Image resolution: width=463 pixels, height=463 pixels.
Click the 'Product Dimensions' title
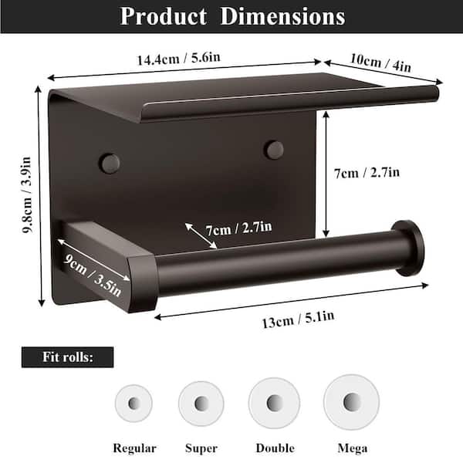coord(231,16)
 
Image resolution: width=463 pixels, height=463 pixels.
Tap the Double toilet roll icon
coord(274,403)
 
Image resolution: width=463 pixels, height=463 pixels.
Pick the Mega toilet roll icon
coord(351,401)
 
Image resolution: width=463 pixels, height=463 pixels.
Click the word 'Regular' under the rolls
coord(134,448)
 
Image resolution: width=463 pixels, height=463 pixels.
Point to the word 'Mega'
coord(352,448)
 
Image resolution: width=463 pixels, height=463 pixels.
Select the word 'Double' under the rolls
coord(274,448)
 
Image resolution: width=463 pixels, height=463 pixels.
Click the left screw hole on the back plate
coord(110,163)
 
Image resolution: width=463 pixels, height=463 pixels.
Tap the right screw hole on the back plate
coord(274,150)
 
